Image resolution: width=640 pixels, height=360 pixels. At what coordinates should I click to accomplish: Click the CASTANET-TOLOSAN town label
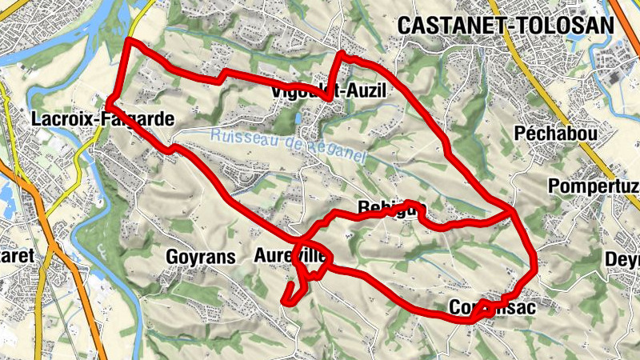pos(506,26)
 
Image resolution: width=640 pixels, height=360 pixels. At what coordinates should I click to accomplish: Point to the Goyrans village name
pos(201,257)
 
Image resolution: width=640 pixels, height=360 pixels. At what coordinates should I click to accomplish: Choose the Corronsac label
pos(490,307)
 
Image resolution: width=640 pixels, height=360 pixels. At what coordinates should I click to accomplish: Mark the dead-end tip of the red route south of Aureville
pos(283,302)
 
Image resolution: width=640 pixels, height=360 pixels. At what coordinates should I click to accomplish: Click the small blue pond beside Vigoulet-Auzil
pos(298,118)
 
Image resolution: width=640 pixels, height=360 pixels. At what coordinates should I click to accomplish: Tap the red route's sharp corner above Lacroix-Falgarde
pos(129,40)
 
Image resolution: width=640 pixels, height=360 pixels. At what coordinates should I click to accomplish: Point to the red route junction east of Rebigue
pos(512,212)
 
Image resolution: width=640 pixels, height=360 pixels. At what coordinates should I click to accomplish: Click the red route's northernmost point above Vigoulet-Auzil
pos(342,54)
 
